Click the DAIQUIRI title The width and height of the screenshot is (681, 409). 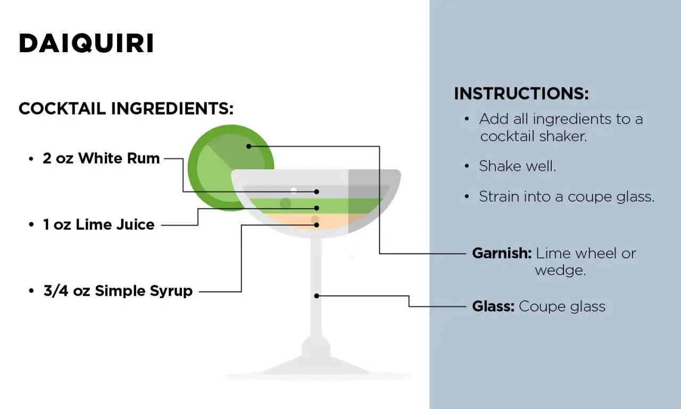(86, 44)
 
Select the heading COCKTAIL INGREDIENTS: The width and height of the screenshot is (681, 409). (126, 109)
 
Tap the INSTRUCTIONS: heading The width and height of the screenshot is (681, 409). (521, 94)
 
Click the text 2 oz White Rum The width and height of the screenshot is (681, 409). (101, 158)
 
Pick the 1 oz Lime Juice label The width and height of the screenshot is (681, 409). (98, 225)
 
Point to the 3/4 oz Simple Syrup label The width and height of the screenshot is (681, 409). (118, 291)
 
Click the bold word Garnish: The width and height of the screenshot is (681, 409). (502, 253)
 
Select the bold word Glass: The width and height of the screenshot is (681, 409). (493, 306)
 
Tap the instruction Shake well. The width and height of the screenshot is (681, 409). (517, 166)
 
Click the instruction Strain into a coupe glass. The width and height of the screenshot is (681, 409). (566, 197)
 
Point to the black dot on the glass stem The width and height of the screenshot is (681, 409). (317, 296)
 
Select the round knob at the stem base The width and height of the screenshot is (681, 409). (316, 349)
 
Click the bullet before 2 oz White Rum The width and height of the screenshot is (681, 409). (31, 159)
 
